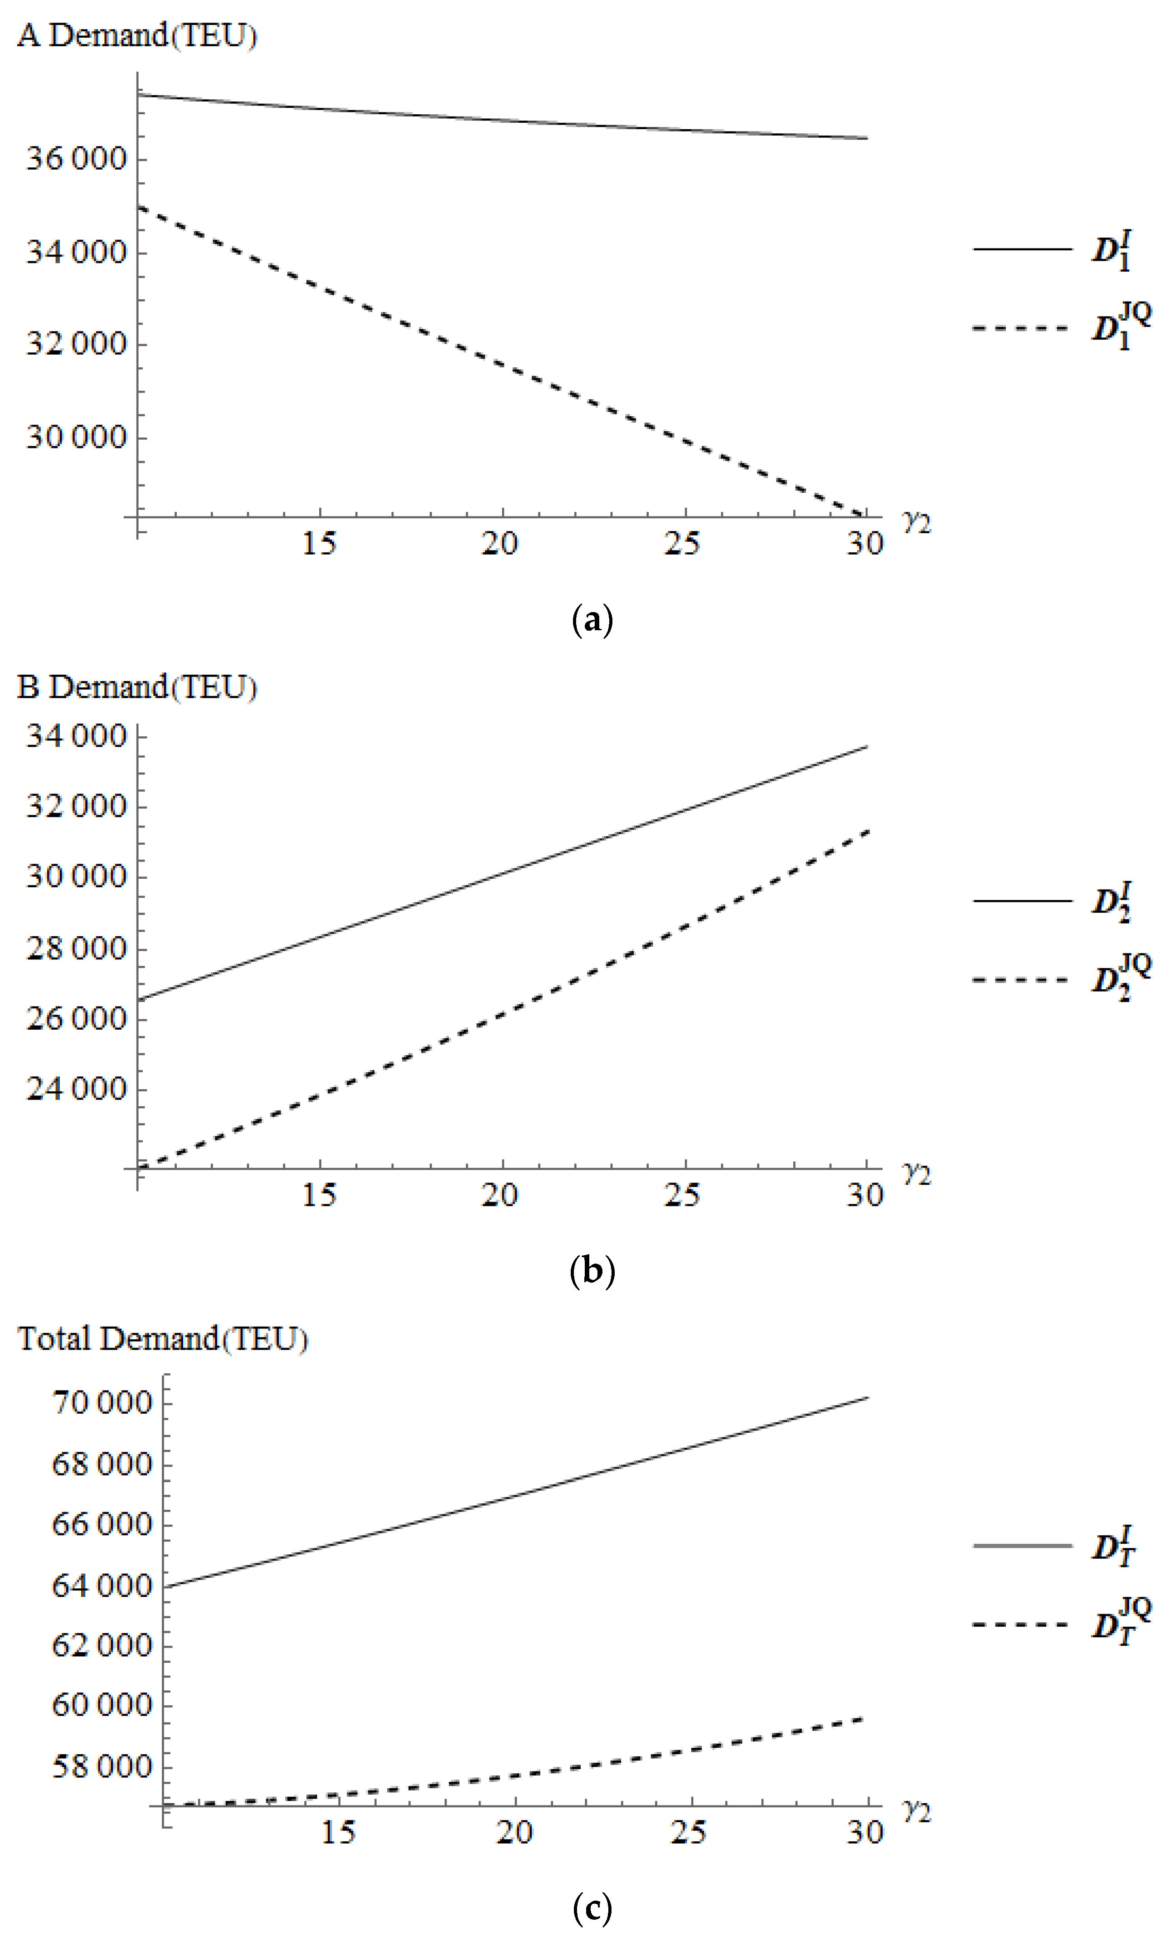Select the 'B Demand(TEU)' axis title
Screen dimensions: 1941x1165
click(x=137, y=688)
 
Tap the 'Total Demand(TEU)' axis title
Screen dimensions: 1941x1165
click(x=162, y=1339)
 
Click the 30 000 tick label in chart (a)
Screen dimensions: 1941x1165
click(x=76, y=438)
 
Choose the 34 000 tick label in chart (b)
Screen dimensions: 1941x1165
click(x=76, y=736)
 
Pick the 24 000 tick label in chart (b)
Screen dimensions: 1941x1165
click(x=76, y=1089)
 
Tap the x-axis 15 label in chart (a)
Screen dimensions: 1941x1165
click(x=320, y=543)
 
